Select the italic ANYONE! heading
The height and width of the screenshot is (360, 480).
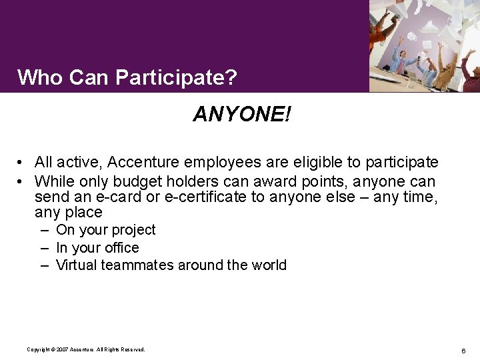coord(241,115)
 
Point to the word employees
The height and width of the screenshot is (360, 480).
coord(223,162)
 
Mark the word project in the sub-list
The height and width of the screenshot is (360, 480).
coord(133,230)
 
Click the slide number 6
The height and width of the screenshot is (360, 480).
coord(463,351)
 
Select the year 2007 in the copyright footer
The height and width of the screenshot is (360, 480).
coord(63,349)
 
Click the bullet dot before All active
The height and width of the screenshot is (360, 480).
coord(22,163)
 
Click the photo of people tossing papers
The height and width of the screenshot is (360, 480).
coord(424,45)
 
